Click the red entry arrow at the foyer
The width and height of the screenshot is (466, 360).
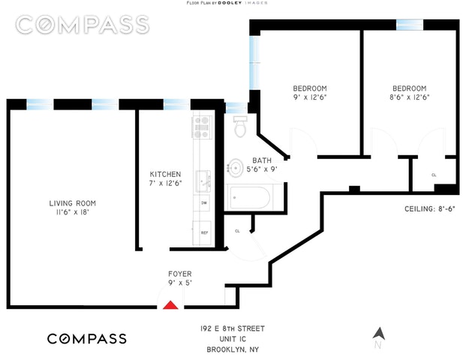[171, 304]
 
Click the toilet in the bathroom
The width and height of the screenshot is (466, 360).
[240, 127]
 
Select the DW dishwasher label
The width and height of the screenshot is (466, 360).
[203, 203]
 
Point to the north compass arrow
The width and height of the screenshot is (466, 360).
[379, 334]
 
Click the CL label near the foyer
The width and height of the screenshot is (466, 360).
[238, 231]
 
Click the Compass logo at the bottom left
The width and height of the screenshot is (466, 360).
[87, 338]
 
